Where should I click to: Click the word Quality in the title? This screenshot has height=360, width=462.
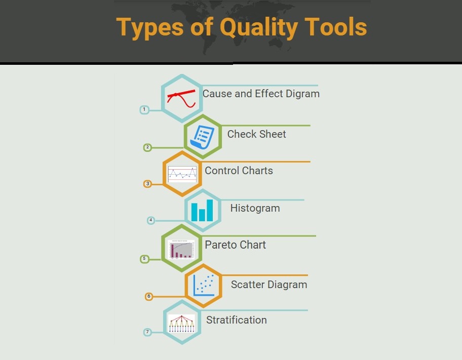(259, 28)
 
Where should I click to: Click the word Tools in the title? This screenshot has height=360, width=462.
(335, 26)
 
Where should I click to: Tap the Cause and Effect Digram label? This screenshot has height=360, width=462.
(261, 94)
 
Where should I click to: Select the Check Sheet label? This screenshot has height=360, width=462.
(256, 134)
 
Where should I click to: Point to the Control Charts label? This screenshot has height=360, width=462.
(239, 171)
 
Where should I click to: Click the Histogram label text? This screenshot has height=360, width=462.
(255, 208)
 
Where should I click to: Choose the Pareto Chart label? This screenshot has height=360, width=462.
(236, 245)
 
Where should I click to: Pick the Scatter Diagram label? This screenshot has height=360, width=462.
(269, 285)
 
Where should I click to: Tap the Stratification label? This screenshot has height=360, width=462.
(237, 320)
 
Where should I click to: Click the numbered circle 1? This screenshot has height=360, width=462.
(144, 109)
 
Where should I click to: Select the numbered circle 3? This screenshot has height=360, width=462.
(147, 184)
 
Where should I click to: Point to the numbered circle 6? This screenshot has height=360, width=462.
(149, 296)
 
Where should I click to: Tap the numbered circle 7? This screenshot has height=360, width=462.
(147, 332)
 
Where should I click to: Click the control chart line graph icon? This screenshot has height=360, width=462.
(182, 174)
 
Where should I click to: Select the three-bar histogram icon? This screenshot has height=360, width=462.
(202, 210)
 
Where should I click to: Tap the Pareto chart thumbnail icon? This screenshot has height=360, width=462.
(181, 249)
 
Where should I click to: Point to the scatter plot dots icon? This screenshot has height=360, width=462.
(204, 285)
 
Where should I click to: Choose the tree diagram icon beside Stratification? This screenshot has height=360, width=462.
(182, 324)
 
